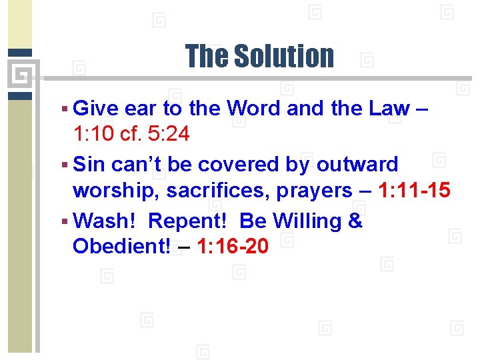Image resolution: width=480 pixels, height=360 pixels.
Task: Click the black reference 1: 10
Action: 95,134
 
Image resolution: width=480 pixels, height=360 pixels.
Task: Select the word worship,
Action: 117,191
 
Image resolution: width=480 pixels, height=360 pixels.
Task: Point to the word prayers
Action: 315,191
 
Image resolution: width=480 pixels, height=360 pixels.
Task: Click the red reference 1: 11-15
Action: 414,191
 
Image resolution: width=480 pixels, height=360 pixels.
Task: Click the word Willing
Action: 307,221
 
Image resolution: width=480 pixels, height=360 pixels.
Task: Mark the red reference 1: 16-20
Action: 233,247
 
